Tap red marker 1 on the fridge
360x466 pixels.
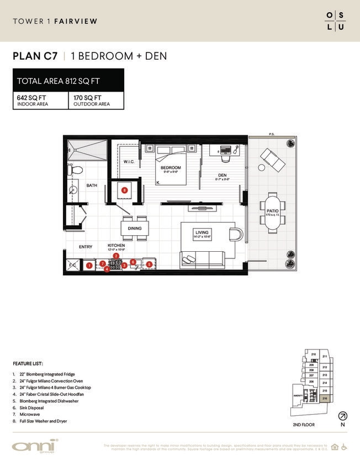(89, 266)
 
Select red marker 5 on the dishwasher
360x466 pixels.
(149, 265)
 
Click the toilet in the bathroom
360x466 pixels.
(77, 170)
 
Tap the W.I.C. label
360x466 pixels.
(130, 162)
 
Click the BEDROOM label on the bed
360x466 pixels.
(171, 167)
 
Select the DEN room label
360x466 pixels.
(223, 176)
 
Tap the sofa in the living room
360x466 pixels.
(201, 258)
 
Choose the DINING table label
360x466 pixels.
(134, 228)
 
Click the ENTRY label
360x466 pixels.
(86, 246)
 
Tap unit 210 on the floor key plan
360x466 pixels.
(313, 354)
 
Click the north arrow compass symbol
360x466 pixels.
(342, 416)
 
